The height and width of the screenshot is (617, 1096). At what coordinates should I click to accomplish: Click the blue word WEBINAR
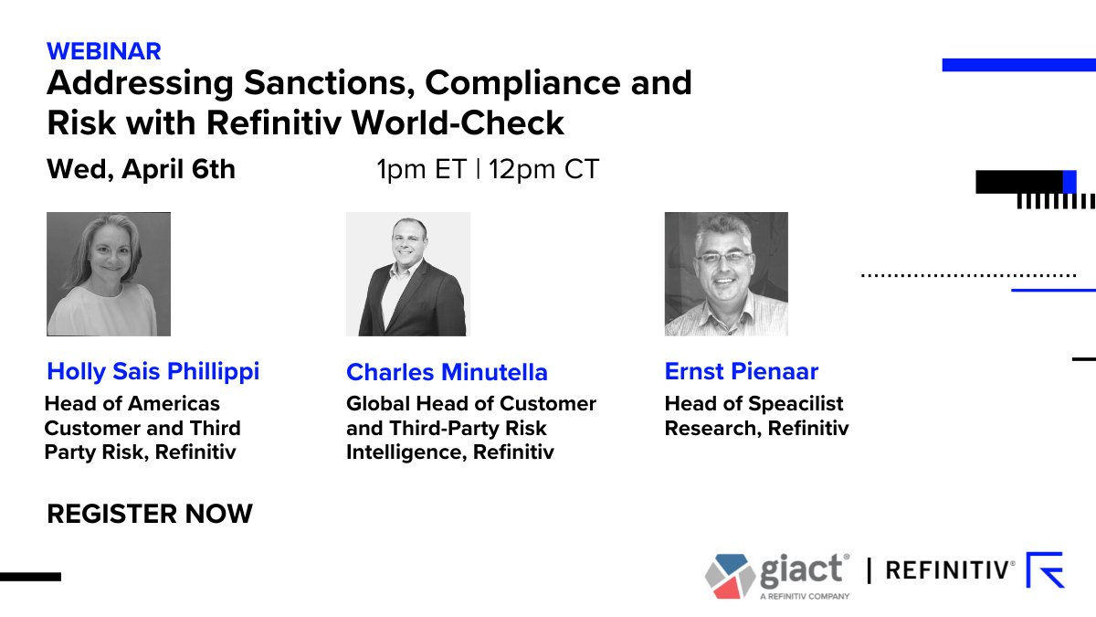point(104,51)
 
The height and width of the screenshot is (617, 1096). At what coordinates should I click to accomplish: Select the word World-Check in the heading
point(458,122)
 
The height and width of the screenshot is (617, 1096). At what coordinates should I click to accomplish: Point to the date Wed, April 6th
point(141,170)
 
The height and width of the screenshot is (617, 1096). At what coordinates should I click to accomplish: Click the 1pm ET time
point(421,169)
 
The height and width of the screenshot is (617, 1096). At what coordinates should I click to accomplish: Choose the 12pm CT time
point(543,169)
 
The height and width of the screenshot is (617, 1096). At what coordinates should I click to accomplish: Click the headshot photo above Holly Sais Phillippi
point(109,274)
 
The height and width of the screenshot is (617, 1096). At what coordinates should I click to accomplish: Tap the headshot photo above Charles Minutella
point(408,274)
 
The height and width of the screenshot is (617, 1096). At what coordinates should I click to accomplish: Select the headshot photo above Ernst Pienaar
point(726,274)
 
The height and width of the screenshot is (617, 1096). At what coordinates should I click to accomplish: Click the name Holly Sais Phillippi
point(153,372)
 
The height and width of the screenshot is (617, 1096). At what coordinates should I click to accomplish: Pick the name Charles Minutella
point(447,372)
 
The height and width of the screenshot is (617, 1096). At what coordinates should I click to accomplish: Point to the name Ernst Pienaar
point(742,371)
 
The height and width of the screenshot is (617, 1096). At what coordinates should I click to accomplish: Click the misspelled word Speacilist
point(796,404)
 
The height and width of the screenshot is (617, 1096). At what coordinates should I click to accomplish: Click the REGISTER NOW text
point(150,514)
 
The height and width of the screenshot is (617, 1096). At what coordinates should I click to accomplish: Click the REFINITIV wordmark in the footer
point(950,570)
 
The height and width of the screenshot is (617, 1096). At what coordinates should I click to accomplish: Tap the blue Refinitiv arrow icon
point(1045,569)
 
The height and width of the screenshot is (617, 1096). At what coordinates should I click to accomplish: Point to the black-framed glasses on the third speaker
point(724,257)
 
